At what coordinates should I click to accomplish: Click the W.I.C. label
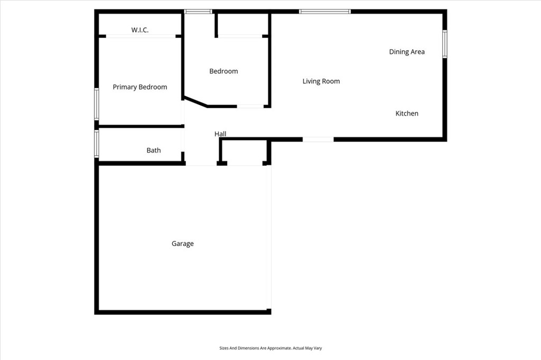140,30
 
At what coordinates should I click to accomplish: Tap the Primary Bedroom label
140,87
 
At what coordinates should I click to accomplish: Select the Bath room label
154,150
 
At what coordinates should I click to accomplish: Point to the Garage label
183,244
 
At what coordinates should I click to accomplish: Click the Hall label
220,134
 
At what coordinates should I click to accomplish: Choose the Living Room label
321,81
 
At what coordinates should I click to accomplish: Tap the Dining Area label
407,52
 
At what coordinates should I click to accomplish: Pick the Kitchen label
407,113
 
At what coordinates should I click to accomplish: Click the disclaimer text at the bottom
270,348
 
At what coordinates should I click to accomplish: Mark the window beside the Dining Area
445,44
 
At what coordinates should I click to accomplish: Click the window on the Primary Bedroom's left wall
97,104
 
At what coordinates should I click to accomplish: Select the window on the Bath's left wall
97,144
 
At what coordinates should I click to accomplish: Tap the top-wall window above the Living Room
324,11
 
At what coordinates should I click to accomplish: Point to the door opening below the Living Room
318,139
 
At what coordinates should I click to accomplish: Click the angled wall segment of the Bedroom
195,102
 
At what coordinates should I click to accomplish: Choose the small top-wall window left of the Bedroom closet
198,11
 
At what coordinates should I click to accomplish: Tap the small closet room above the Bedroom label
243,25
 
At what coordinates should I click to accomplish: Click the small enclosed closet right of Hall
244,152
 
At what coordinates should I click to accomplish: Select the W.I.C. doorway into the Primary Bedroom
141,36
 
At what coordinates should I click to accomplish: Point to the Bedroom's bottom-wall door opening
250,107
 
